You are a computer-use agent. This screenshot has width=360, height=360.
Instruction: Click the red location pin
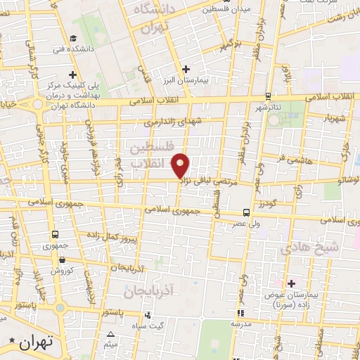tap(181, 165)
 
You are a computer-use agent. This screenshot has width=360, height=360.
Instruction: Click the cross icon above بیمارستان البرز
tap(186, 69)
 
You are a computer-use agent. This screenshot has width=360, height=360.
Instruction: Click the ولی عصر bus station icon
tap(246, 212)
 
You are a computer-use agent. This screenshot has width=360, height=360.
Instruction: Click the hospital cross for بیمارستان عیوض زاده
tap(291, 283)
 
